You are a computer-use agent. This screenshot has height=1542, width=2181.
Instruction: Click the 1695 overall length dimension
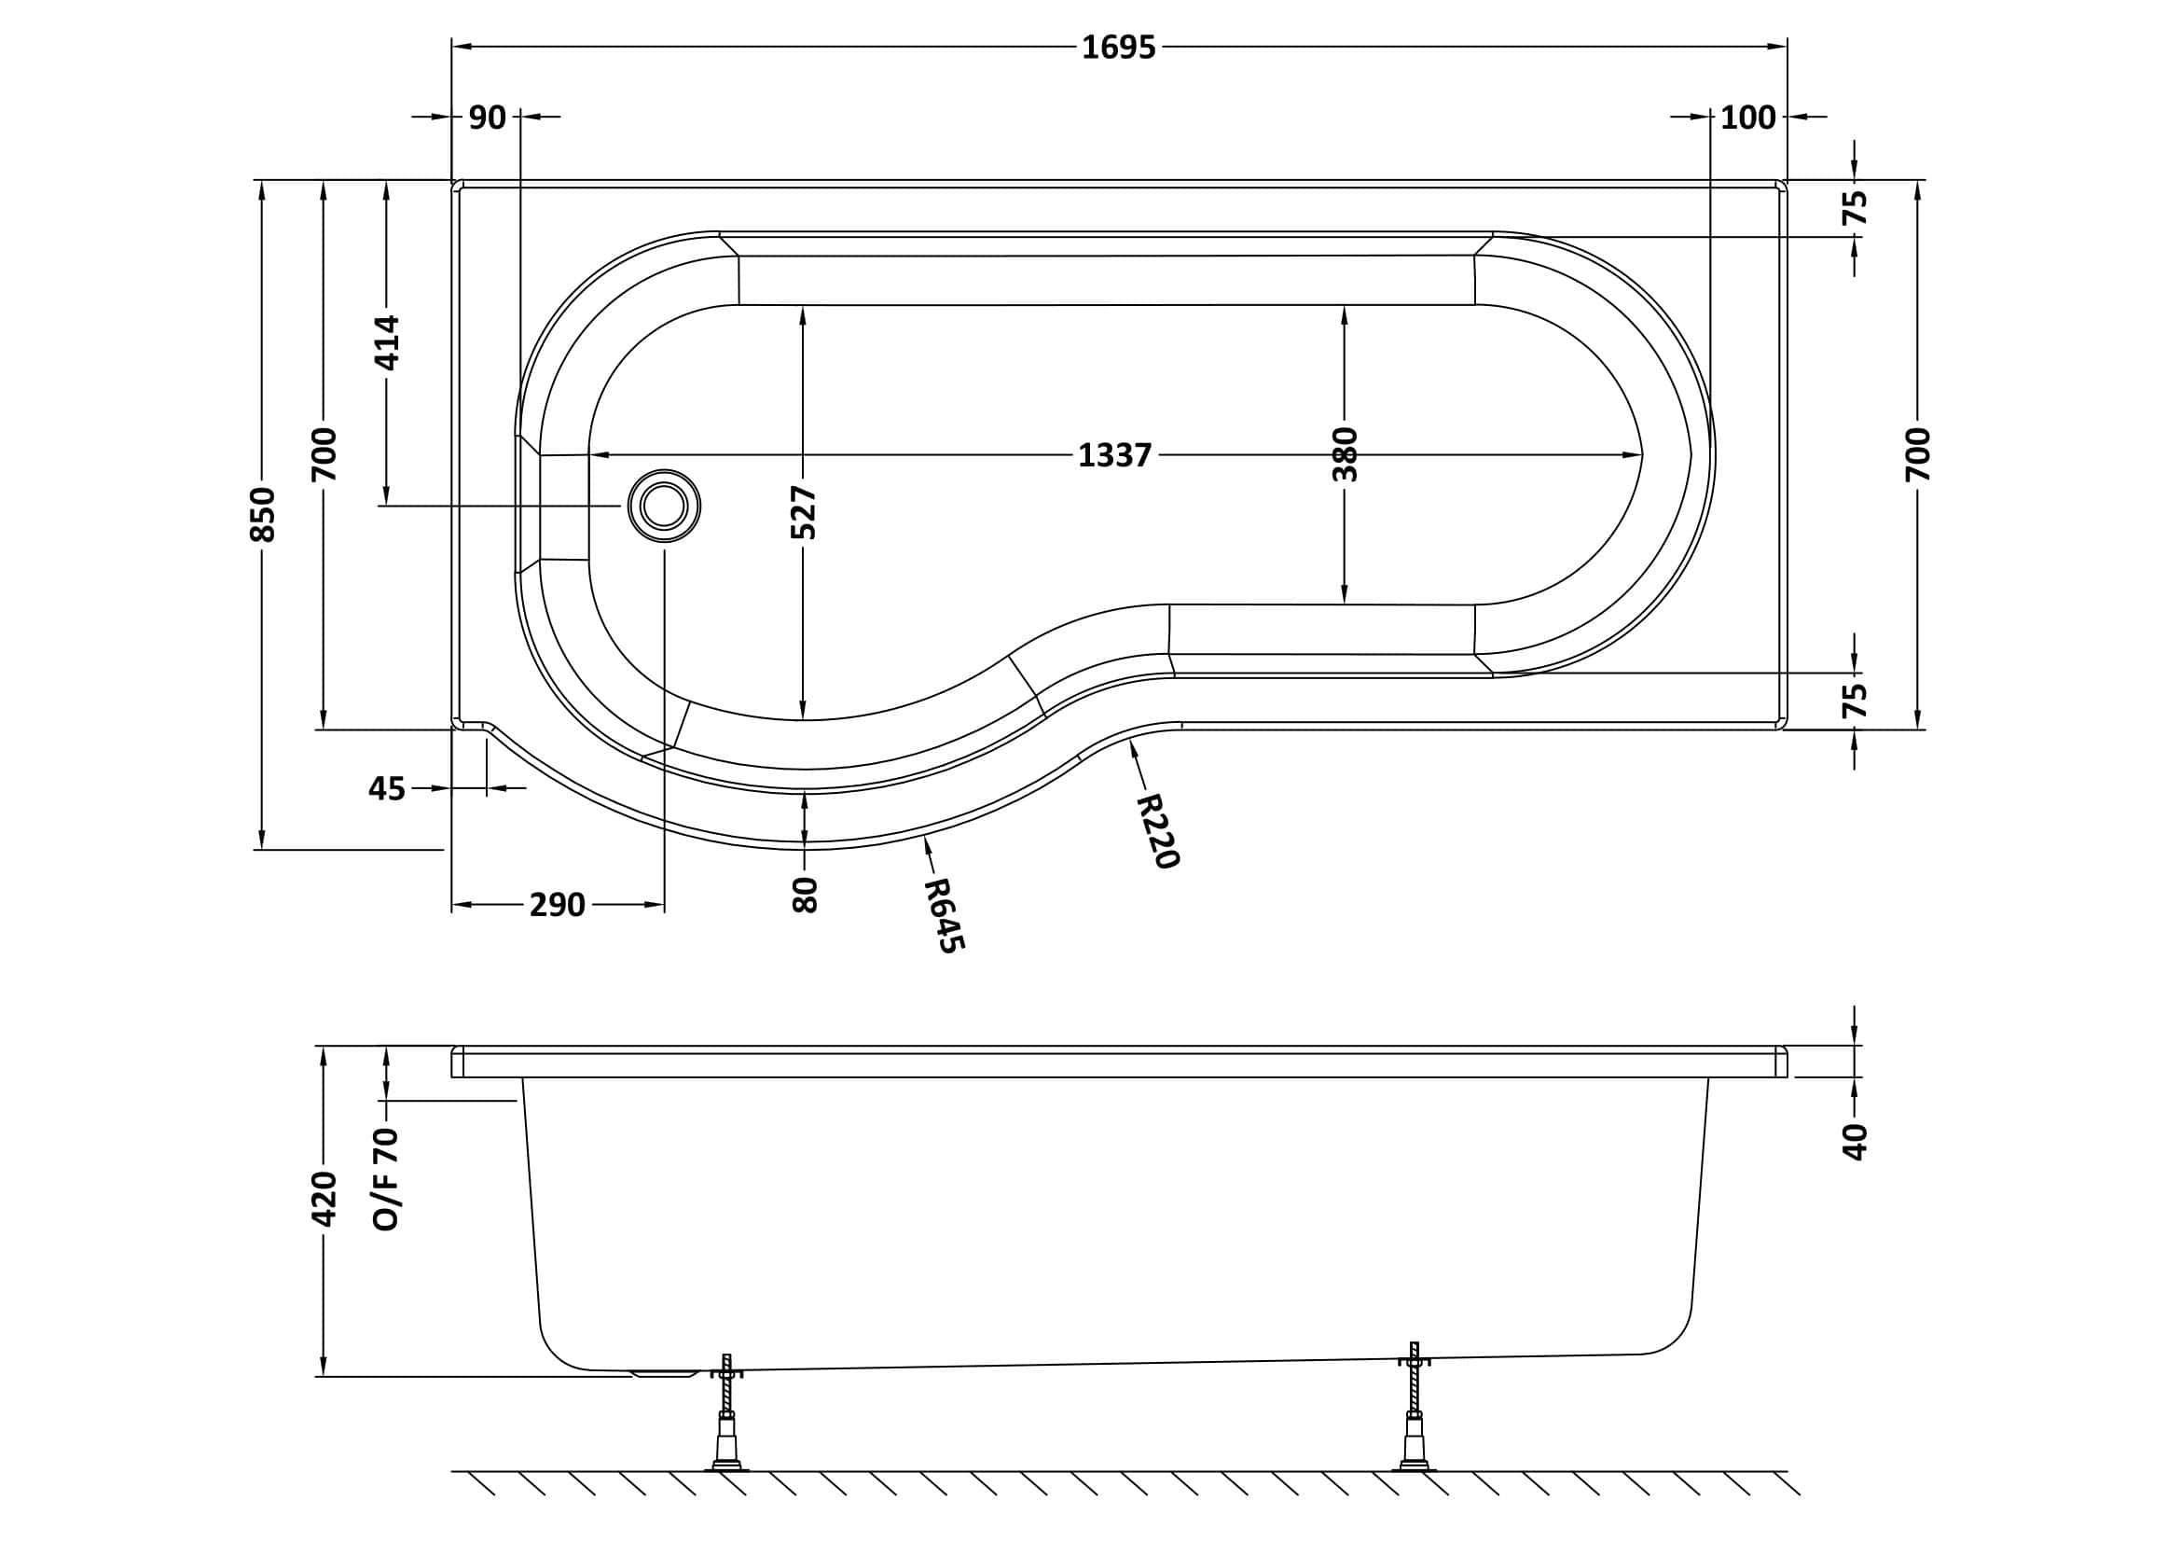[x=1118, y=47]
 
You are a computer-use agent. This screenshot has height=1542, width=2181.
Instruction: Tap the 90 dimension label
[x=488, y=117]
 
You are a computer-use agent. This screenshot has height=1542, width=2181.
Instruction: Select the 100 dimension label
[x=1747, y=117]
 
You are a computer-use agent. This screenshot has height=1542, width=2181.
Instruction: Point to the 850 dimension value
[x=261, y=514]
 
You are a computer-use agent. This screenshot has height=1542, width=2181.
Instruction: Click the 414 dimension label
[x=387, y=343]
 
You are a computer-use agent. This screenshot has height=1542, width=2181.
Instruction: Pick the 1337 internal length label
[x=1114, y=455]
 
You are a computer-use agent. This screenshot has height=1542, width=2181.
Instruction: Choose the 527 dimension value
[x=804, y=512]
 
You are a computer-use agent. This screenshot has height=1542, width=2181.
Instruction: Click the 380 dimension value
[x=1346, y=454]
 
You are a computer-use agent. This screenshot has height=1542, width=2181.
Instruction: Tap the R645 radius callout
[x=945, y=915]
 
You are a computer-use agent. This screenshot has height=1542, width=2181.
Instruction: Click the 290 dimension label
[x=558, y=905]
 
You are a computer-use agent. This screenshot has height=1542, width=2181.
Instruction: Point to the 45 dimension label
[x=387, y=788]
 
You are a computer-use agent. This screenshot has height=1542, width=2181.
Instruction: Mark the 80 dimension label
[x=804, y=895]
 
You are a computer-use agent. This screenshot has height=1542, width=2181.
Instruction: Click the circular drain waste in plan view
[x=664, y=506]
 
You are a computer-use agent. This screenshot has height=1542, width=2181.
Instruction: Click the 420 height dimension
[x=324, y=1199]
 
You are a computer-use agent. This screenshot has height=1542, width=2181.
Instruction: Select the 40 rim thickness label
[x=1855, y=1141]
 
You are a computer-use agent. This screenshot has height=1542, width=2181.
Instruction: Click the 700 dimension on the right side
[x=1918, y=454]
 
